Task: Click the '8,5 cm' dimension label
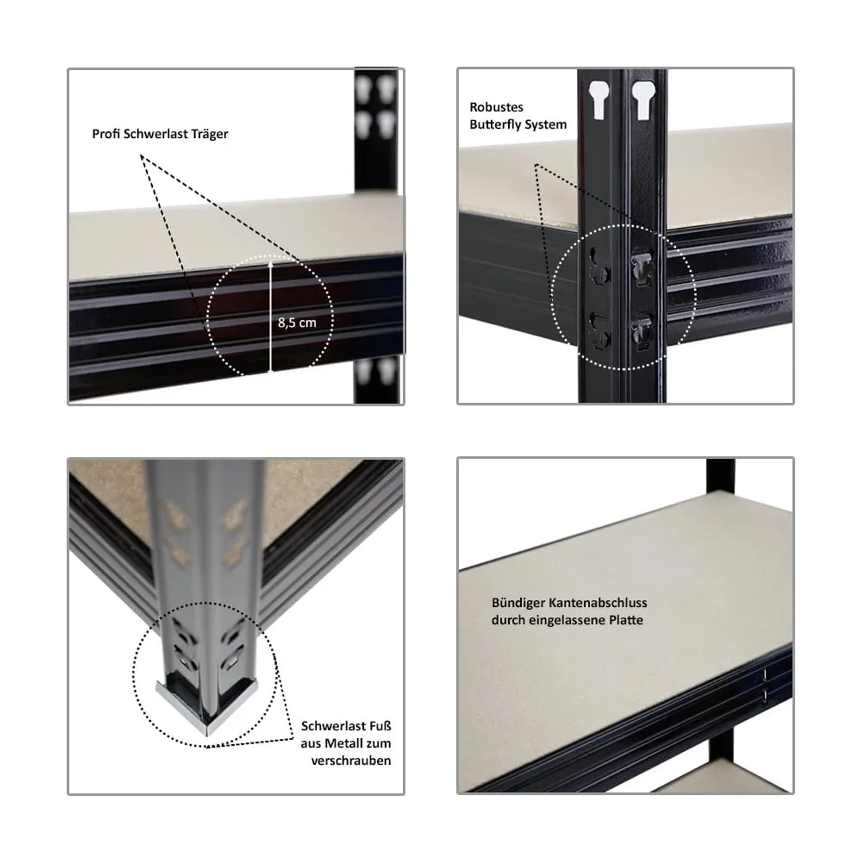[x=297, y=323]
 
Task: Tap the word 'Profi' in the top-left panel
[x=106, y=134]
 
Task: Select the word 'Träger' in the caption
[x=210, y=134]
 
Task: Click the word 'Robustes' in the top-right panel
[x=496, y=107]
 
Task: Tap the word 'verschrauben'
[x=351, y=761]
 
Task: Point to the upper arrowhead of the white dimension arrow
[x=270, y=261]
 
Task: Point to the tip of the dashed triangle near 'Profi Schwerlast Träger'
[x=141, y=156]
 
